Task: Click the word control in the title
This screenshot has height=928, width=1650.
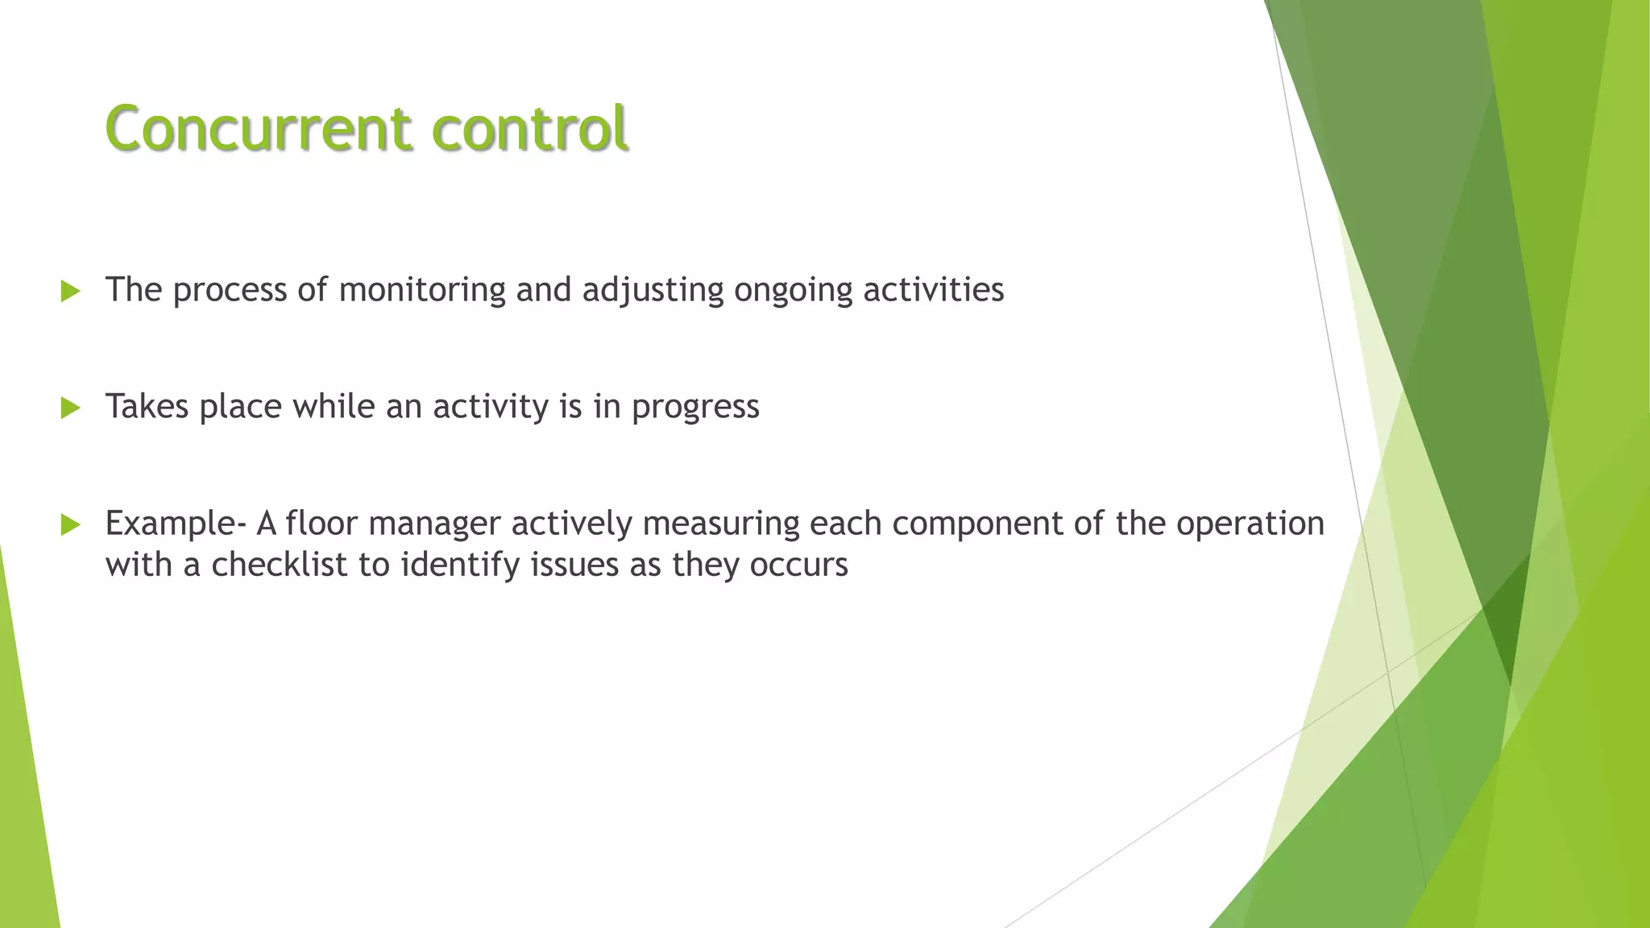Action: (529, 129)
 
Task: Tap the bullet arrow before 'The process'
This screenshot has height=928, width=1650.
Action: (71, 292)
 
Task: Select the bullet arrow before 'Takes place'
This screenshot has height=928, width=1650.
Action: (71, 408)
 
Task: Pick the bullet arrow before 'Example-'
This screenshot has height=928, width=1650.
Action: (71, 525)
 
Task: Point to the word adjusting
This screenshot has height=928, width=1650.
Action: (653, 290)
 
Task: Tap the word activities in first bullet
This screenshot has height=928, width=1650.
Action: (933, 290)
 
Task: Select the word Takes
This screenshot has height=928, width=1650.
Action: (147, 407)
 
